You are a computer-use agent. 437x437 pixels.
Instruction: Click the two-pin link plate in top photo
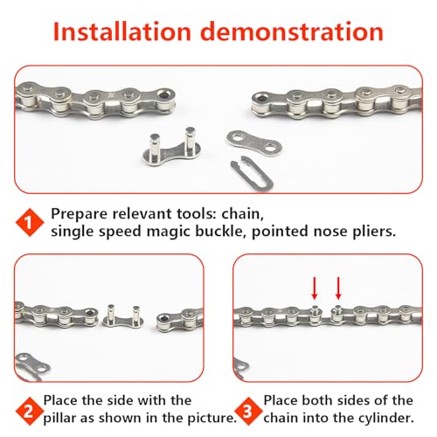[175, 149]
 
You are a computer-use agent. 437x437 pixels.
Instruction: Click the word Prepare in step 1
[80, 214]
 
